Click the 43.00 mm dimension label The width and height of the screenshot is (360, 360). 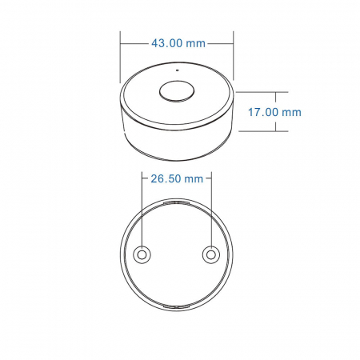(x=177, y=43)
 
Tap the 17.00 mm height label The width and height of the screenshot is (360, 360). (x=274, y=113)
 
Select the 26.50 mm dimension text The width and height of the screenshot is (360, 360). (x=177, y=179)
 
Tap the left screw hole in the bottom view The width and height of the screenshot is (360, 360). (x=142, y=254)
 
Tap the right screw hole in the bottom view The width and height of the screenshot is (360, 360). (x=211, y=254)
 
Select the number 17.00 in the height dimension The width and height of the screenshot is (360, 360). (x=262, y=113)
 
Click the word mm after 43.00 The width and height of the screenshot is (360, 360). (x=194, y=43)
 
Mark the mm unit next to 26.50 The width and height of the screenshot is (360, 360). (x=194, y=179)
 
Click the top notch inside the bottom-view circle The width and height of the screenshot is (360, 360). (x=177, y=205)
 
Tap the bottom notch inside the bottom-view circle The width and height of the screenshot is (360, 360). (x=177, y=305)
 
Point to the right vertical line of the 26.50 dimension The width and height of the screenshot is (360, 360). (x=211, y=208)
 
